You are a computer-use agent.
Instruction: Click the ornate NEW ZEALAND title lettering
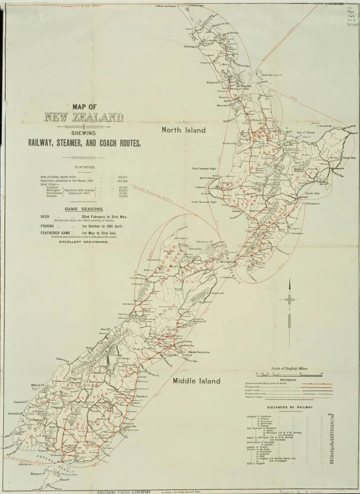(84, 117)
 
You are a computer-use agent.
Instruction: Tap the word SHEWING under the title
(84, 134)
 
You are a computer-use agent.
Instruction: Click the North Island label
(183, 130)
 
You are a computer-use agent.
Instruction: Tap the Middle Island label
(196, 381)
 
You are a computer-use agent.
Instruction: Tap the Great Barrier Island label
(271, 75)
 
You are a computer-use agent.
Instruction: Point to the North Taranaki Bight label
(204, 168)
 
